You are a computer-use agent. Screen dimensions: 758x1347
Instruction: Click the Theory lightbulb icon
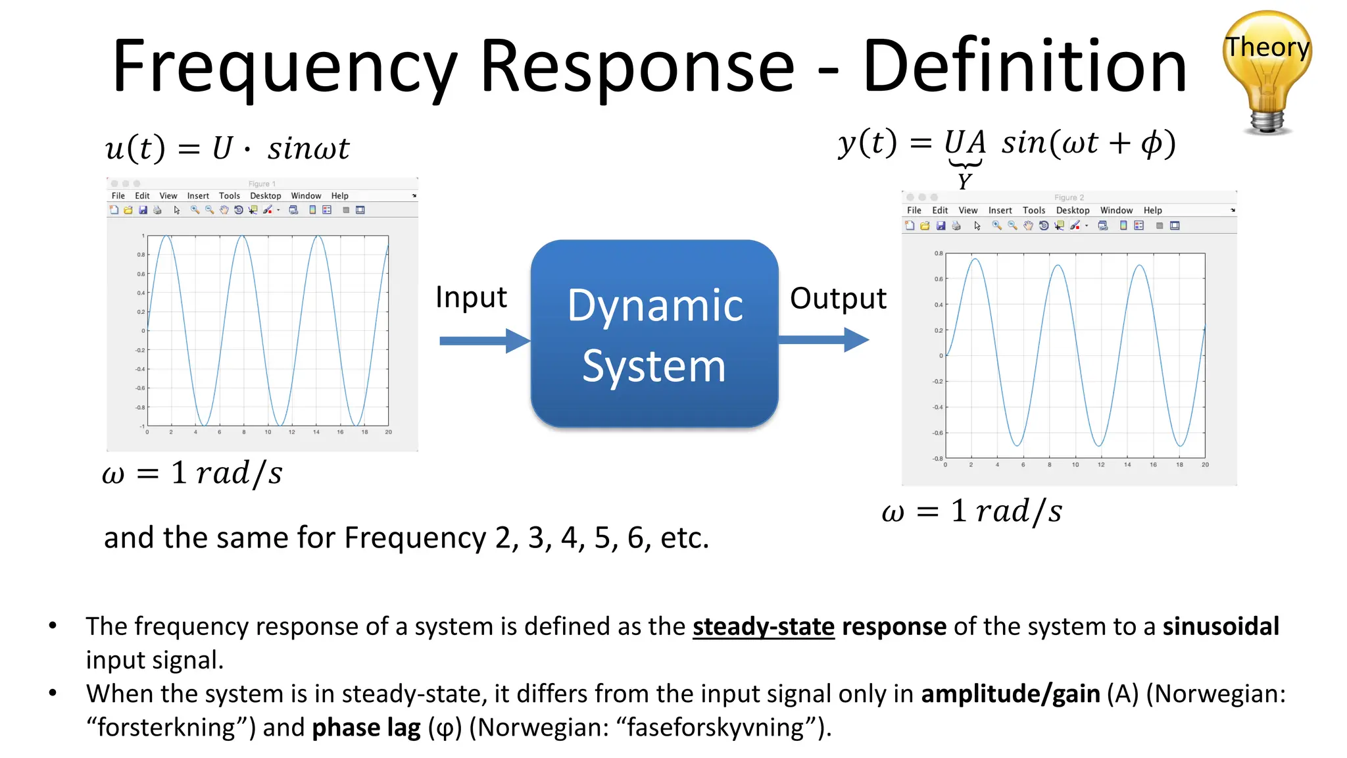pos(1267,71)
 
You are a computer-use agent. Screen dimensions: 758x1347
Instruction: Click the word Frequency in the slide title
pos(285,67)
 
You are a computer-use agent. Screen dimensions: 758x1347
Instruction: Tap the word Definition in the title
pos(1024,67)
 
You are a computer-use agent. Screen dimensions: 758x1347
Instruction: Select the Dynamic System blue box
pos(654,334)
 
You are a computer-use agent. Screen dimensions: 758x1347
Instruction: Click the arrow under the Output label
pos(823,340)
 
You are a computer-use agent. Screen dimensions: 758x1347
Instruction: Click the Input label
pos(471,297)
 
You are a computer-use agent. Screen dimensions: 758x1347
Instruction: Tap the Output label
pos(838,299)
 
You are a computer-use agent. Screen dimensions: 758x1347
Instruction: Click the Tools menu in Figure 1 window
pos(230,196)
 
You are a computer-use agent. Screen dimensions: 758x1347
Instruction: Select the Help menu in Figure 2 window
pos(1152,211)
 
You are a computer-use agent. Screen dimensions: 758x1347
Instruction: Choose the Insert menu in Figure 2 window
pos(1000,211)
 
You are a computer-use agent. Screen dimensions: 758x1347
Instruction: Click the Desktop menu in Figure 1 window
pos(266,196)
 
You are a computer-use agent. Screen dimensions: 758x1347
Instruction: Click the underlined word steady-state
pos(763,626)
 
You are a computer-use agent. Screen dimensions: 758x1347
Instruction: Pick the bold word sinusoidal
pos(1221,626)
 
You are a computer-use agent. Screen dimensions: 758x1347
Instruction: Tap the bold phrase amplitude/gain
pos(1010,694)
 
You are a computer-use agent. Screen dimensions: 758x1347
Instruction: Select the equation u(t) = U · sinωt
pos(227,148)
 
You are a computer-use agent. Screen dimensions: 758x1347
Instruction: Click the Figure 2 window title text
pos(1069,197)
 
